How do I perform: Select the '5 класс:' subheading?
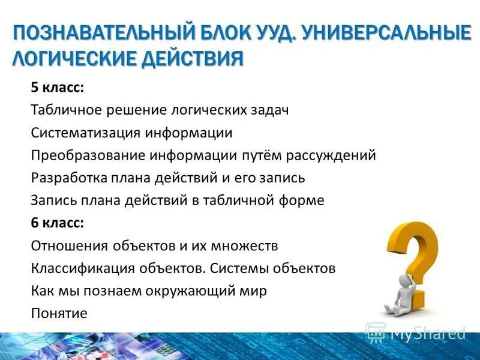tap(58, 88)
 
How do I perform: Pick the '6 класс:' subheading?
tap(58, 223)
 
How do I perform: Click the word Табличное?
tap(67, 110)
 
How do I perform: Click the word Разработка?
tap(67, 178)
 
